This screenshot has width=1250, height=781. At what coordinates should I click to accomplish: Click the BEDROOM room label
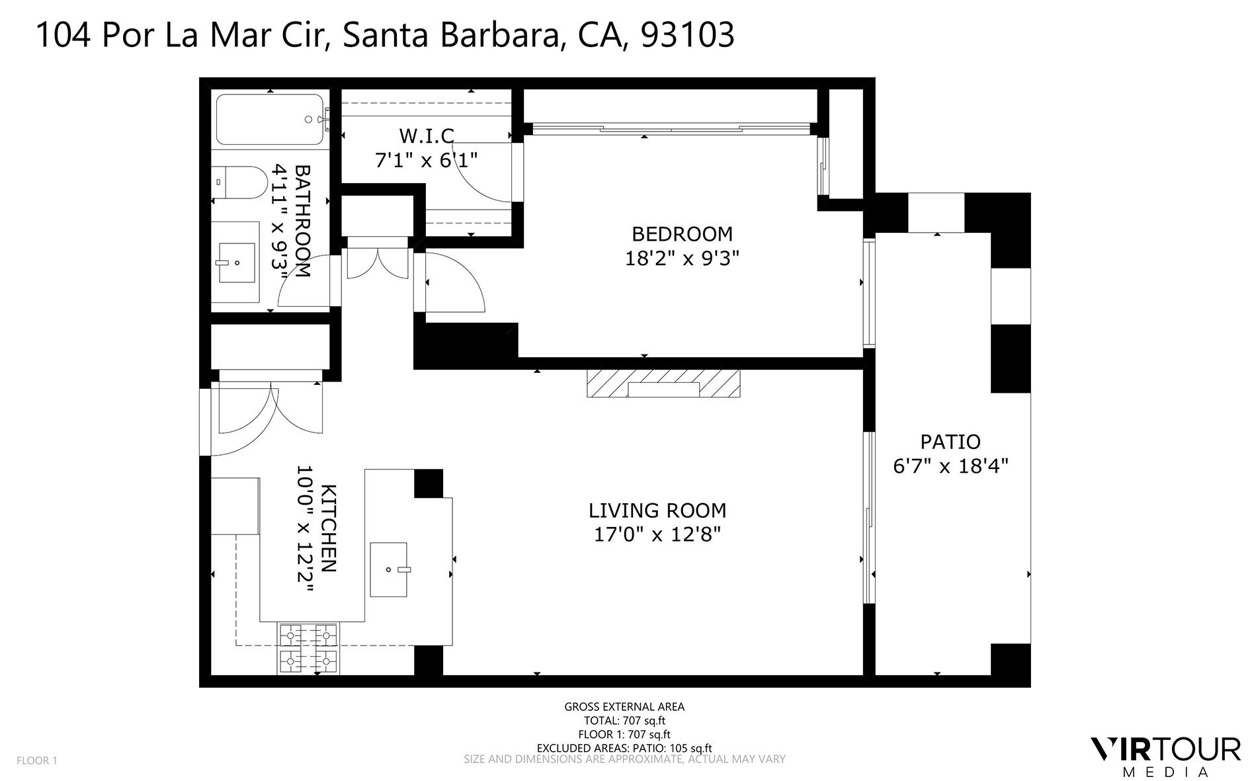pyautogui.click(x=682, y=234)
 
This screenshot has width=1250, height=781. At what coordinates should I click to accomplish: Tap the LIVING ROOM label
pyautogui.click(x=657, y=511)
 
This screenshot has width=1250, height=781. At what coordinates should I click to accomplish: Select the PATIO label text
pyautogui.click(x=950, y=442)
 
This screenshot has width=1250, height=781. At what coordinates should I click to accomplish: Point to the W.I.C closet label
pyautogui.click(x=427, y=136)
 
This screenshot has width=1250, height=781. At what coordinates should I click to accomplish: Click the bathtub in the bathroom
pyautogui.click(x=270, y=120)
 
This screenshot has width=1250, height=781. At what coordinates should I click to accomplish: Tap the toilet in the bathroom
pyautogui.click(x=241, y=182)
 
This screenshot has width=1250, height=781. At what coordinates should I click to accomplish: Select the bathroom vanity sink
pyautogui.click(x=235, y=263)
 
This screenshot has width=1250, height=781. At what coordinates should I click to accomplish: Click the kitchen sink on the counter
pyautogui.click(x=390, y=569)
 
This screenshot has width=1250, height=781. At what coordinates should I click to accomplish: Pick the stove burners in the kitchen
pyautogui.click(x=308, y=648)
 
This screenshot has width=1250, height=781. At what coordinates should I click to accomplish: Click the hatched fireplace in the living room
pyautogui.click(x=663, y=384)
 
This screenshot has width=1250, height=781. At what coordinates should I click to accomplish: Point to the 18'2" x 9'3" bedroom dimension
pyautogui.click(x=681, y=258)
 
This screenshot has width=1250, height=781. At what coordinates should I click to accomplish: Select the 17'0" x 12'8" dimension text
pyautogui.click(x=657, y=534)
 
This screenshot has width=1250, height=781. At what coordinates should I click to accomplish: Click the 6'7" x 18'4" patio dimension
pyautogui.click(x=950, y=466)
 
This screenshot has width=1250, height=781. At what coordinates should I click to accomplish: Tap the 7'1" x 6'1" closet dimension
pyautogui.click(x=427, y=160)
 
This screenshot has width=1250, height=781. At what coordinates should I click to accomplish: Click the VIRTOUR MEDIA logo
pyautogui.click(x=1165, y=757)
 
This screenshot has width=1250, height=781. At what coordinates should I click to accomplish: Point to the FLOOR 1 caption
pyautogui.click(x=37, y=760)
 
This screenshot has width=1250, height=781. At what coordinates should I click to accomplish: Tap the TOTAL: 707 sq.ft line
pyautogui.click(x=624, y=721)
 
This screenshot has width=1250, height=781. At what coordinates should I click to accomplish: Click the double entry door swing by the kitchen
pyautogui.click(x=269, y=417)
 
